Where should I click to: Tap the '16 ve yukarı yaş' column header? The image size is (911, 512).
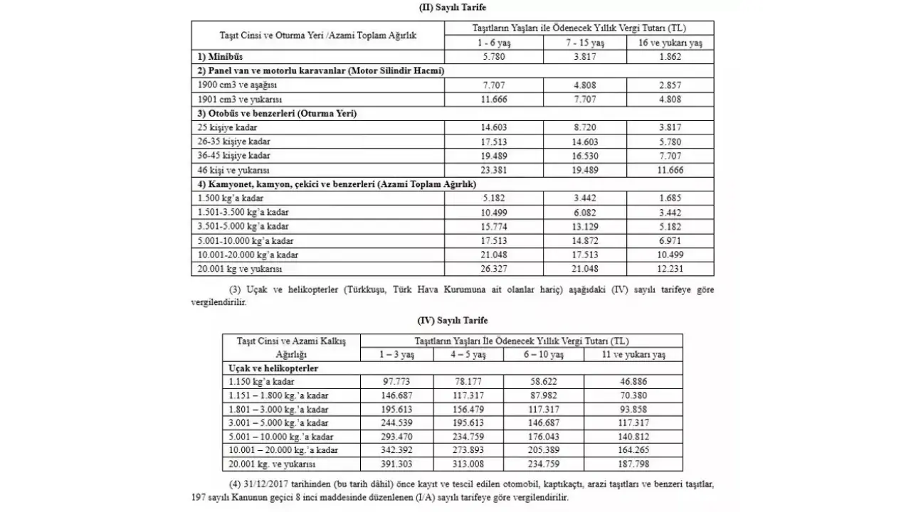pyautogui.click(x=670, y=43)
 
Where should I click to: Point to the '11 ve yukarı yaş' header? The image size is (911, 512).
pyautogui.click(x=633, y=354)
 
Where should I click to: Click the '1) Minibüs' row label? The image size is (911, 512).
pyautogui.click(x=221, y=56)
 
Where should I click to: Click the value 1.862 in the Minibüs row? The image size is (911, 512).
pyautogui.click(x=670, y=56)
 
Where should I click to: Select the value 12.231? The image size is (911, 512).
pyautogui.click(x=670, y=269)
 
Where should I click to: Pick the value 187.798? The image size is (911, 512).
pyautogui.click(x=633, y=464)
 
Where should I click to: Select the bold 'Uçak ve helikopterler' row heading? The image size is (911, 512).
pyautogui.click(x=273, y=368)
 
